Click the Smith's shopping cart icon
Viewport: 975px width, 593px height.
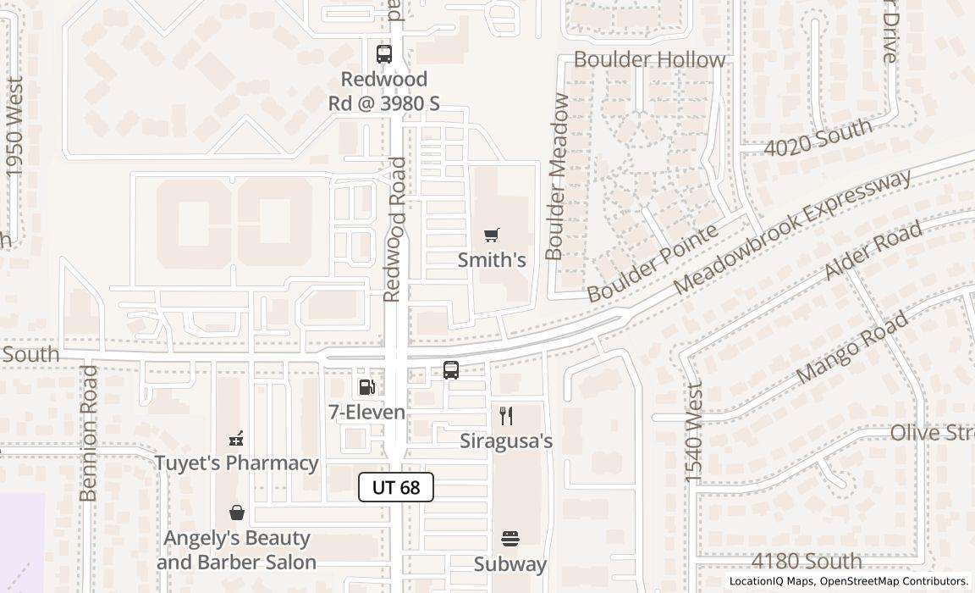coord(492,235)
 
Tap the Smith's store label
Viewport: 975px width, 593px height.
coord(492,260)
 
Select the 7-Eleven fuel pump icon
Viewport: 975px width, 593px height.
coord(367,387)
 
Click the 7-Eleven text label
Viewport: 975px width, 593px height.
coord(367,413)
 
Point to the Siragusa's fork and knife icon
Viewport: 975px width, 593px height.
coord(506,415)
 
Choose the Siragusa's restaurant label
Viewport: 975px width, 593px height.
coord(506,441)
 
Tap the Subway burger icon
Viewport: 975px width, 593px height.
coord(510,539)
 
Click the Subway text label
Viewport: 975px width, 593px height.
coord(510,564)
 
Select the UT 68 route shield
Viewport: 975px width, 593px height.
coord(396,487)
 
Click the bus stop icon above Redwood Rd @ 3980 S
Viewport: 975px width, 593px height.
coord(384,54)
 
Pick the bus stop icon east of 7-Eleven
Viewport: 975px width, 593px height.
coord(451,370)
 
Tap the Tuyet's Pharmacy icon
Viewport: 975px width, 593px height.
coord(236,439)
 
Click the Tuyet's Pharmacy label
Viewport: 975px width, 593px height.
coord(236,463)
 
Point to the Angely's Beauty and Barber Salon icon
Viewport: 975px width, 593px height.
coord(236,513)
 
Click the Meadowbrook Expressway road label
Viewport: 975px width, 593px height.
coord(793,232)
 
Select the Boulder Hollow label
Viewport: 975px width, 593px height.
coord(649,60)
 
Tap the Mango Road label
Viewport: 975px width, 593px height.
coord(852,346)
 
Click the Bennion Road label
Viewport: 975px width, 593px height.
coord(89,433)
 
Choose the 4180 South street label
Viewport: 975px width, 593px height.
coord(807,561)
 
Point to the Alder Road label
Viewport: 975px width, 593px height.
coord(873,252)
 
